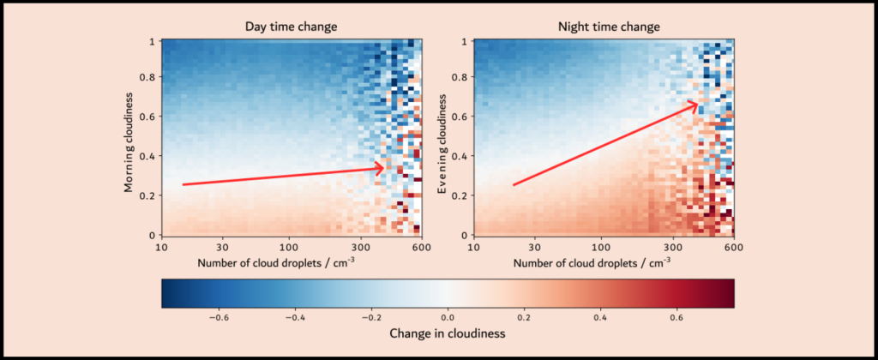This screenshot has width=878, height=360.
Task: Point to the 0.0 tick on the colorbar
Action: click(x=447, y=315)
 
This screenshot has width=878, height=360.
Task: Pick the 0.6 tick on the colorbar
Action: click(x=677, y=315)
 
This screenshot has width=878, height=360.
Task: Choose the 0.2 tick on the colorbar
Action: click(x=523, y=315)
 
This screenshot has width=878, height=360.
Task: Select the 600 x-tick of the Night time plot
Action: click(x=733, y=247)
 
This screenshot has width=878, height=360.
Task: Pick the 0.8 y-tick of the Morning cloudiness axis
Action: click(x=149, y=79)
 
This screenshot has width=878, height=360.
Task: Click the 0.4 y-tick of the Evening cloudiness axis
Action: click(x=463, y=157)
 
